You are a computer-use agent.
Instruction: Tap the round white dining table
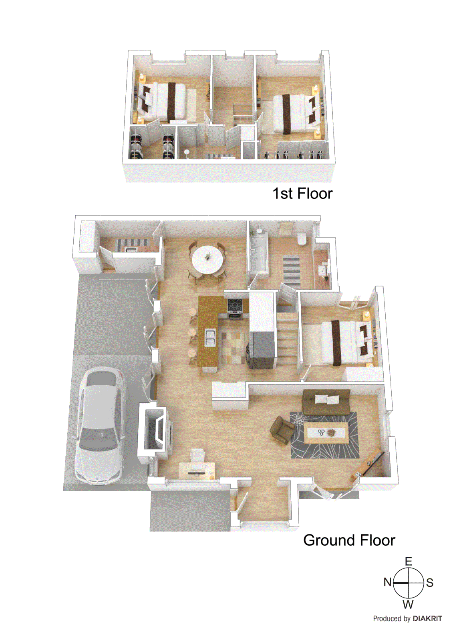coord(207,259)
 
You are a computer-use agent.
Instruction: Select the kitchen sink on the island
coord(209,337)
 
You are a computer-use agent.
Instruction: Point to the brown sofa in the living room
coord(326,402)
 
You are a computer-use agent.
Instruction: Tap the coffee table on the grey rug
coord(326,433)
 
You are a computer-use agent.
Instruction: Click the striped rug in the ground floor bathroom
coord(292,270)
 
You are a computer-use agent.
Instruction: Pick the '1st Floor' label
coord(302,194)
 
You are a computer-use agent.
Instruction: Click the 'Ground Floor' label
coord(349,540)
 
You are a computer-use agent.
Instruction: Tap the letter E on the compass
coord(408,561)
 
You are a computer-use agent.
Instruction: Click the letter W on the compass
coord(408,604)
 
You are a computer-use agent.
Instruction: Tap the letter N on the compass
coord(387,582)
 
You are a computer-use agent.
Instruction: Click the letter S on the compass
coord(430,582)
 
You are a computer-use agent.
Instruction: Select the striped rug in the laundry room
coord(132,242)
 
